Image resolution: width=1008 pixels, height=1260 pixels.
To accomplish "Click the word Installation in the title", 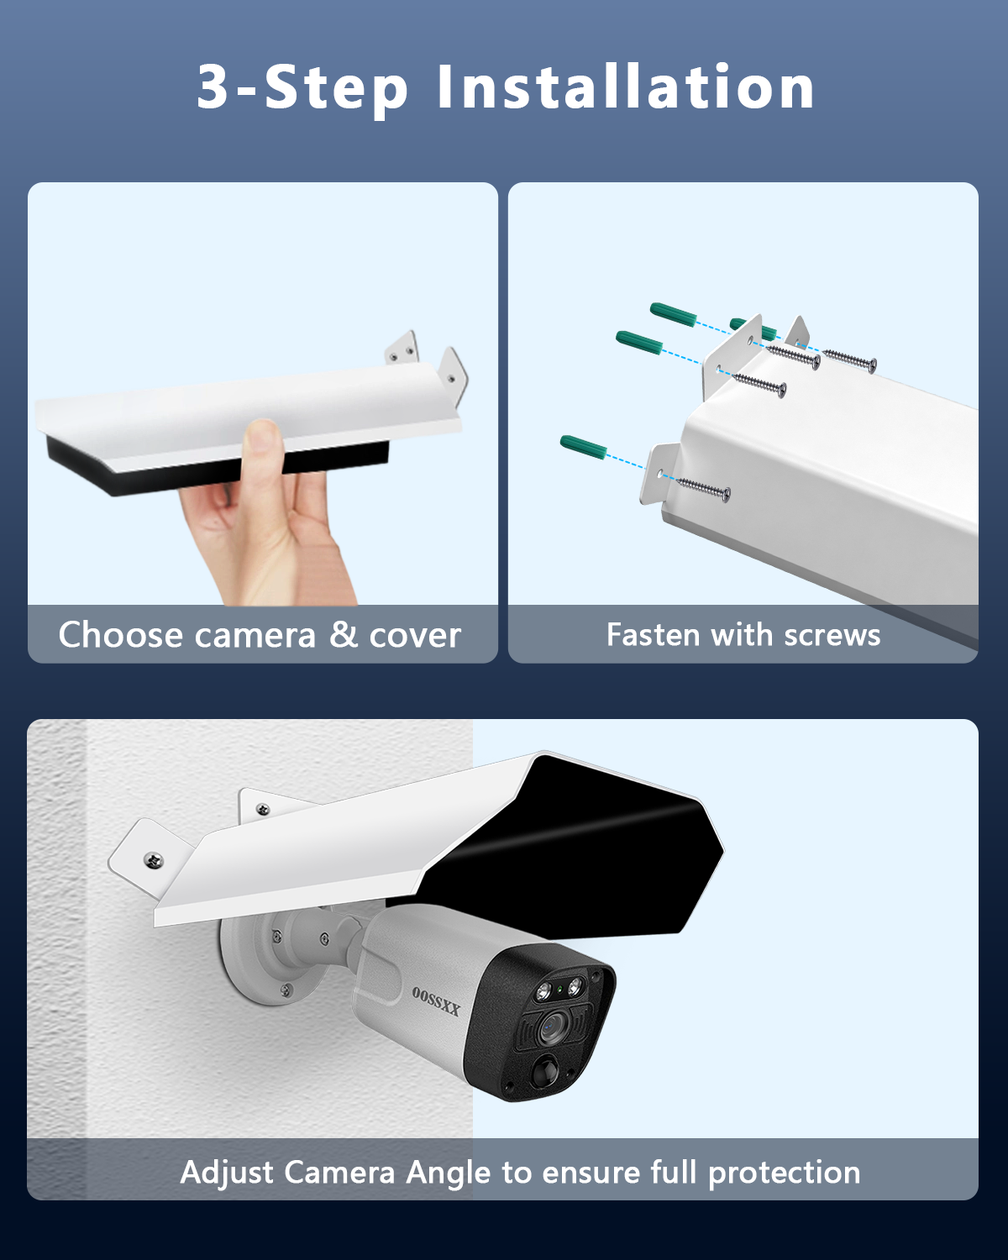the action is [x=626, y=87].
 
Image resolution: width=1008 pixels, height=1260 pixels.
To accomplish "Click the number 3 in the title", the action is [x=213, y=87].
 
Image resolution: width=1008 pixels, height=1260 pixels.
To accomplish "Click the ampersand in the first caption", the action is [x=344, y=634].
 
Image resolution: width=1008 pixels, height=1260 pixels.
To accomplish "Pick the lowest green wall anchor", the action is [x=583, y=448].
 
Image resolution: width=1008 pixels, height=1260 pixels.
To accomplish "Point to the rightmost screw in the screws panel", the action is [x=850, y=360].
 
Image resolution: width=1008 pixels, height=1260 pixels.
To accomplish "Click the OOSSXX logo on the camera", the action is [x=436, y=1001].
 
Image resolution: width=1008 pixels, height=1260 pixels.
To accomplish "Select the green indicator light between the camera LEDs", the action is [x=559, y=989].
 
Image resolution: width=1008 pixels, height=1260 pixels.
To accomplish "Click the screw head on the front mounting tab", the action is [x=154, y=860].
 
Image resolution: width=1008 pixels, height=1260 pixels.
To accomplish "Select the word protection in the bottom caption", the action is [x=785, y=1173].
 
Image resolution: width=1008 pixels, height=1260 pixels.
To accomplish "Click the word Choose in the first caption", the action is [x=121, y=634].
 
